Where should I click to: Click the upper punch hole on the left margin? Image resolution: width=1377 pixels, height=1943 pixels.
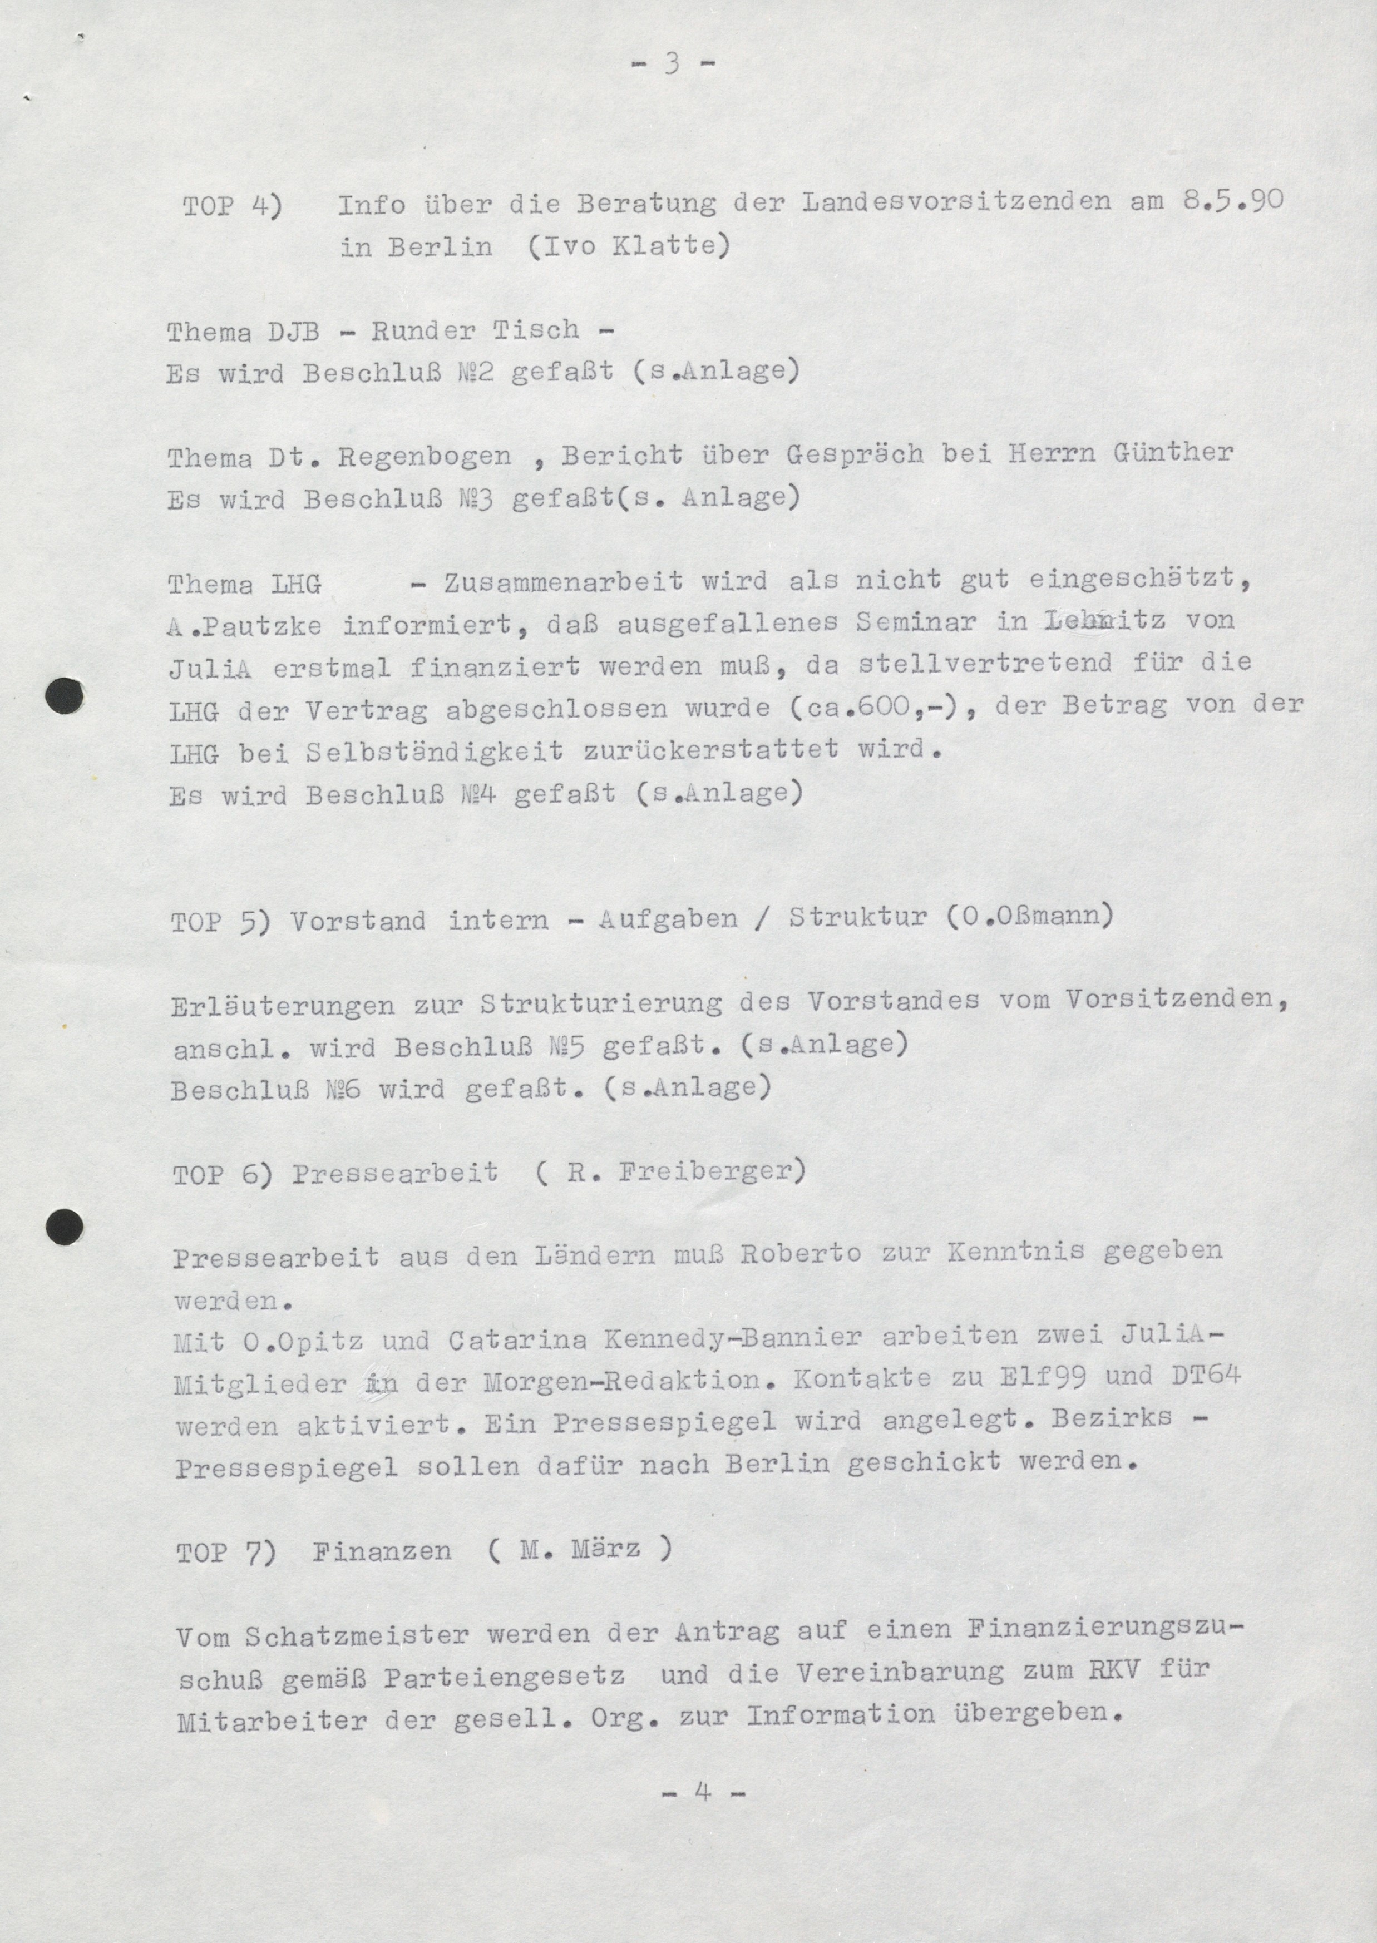coord(65,698)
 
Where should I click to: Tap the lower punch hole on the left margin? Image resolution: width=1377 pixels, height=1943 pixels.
coord(65,1227)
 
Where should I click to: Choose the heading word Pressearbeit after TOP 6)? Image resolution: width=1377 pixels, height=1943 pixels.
coord(395,1173)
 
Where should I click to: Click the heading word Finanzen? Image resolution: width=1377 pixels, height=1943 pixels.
coord(382,1552)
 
